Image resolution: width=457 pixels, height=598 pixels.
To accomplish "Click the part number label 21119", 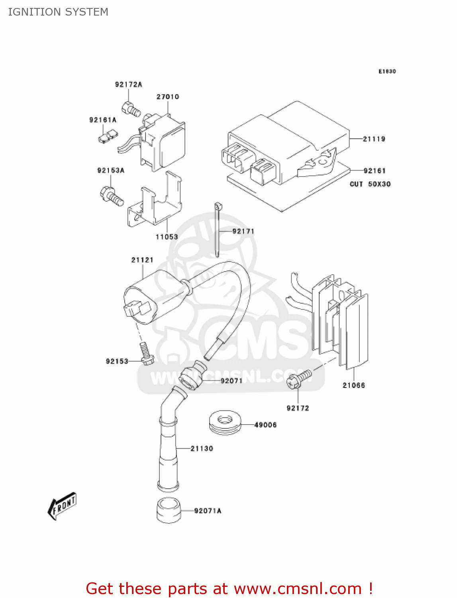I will point(374,139).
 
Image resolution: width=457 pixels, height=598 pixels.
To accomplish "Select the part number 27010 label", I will point(168,97).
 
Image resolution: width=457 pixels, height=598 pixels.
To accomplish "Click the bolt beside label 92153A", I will point(111,195).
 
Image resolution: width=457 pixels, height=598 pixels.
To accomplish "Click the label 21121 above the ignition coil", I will point(142,260).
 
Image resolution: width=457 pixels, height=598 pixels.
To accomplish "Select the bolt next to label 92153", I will point(146,353).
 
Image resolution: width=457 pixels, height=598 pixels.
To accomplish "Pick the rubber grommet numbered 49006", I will point(225,423).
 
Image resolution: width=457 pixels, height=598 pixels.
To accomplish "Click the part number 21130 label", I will point(202,448).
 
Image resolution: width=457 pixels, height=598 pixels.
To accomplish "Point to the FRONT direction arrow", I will point(62,506).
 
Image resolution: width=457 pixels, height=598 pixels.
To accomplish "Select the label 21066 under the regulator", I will point(354,385).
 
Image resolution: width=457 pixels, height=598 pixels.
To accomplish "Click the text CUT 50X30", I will point(370,184).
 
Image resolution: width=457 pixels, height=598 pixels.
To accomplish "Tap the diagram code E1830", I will point(387,71).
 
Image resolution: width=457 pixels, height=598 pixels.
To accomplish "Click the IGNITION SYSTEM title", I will point(58,12).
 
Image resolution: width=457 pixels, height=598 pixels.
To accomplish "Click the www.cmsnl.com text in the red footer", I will point(297,589).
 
